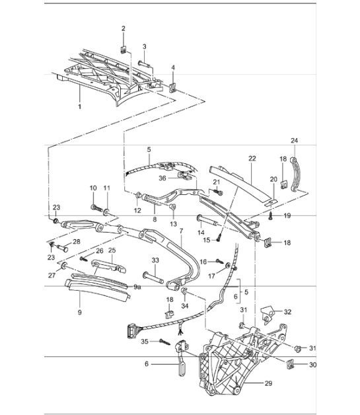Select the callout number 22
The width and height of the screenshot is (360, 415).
(x=252, y=159)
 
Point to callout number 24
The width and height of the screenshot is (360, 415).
(x=294, y=140)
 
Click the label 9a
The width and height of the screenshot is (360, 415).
(x=137, y=288)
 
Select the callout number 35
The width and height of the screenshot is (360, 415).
(x=144, y=342)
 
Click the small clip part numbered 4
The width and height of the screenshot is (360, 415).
(x=174, y=88)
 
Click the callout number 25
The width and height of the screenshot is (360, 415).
(x=112, y=251)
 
